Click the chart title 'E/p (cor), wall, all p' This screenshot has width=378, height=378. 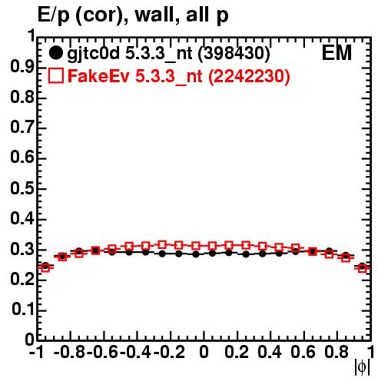[x=133, y=15]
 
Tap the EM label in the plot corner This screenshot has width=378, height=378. [x=337, y=53]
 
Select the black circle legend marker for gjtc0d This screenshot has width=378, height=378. [x=55, y=53]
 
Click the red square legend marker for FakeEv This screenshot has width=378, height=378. [x=55, y=75]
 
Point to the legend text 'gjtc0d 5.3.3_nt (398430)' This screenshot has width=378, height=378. [x=168, y=54]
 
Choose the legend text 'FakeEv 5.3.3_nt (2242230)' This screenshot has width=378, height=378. [x=179, y=76]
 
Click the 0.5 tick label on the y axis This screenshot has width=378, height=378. [x=22, y=189]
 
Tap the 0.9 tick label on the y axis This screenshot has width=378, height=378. [x=22, y=68]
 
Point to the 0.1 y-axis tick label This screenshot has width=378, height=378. [x=22, y=310]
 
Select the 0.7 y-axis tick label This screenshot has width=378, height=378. [x=22, y=128]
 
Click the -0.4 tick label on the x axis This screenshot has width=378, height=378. [x=136, y=352]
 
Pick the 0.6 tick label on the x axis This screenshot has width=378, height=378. [x=303, y=352]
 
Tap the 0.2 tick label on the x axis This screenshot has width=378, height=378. [x=237, y=352]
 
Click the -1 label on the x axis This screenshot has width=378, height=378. [x=37, y=352]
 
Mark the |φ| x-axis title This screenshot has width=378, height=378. [x=362, y=367]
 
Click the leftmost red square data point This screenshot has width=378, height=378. [x=45, y=268]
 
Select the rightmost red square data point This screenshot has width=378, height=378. [x=363, y=268]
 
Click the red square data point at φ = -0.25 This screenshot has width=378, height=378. [x=162, y=245]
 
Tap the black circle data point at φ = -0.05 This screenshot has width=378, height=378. [x=196, y=254]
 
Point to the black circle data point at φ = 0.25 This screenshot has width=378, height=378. [x=246, y=254]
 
